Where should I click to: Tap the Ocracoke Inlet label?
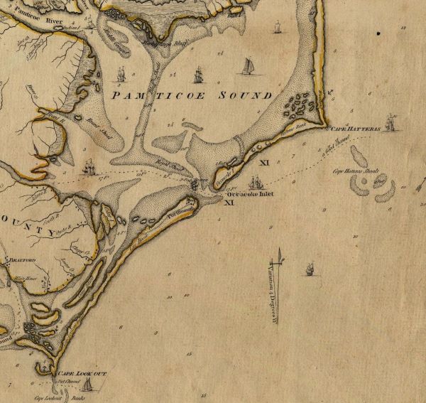(250, 193)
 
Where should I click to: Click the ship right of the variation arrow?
(309, 269)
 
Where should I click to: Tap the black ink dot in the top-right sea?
(379, 33)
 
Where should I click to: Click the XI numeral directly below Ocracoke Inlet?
(229, 203)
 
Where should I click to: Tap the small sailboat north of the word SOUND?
(249, 65)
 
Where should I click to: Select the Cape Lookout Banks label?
(52, 397)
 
